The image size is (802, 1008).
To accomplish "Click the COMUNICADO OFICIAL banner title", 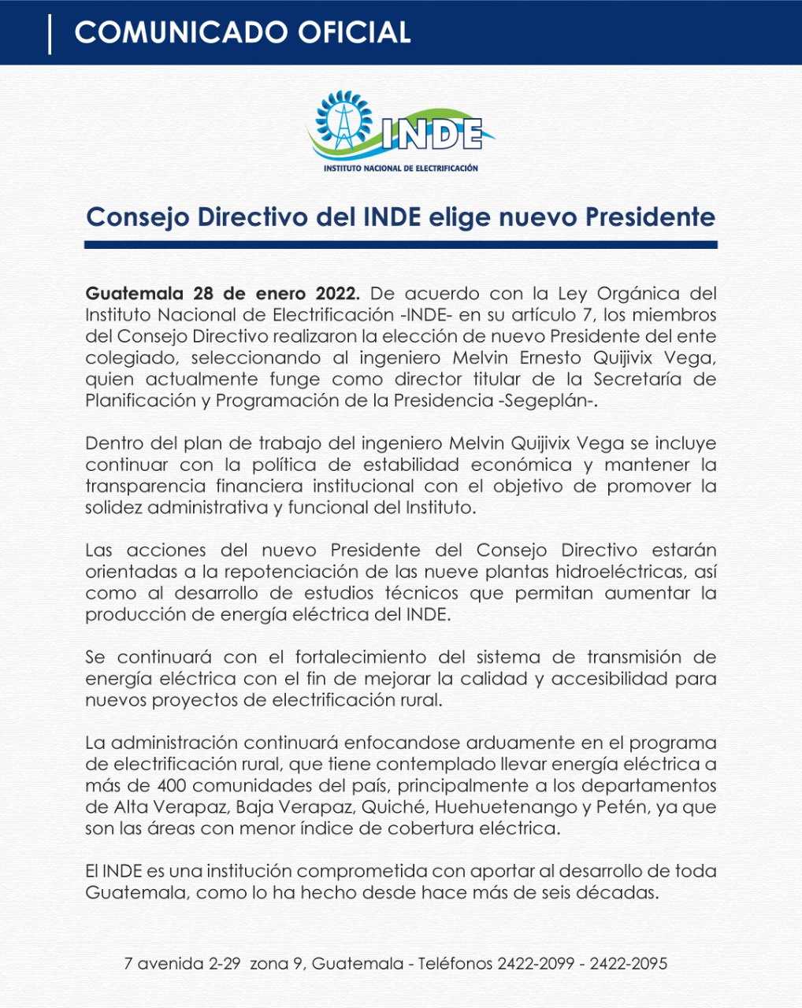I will pos(242,32).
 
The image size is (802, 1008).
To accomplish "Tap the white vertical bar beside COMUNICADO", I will pos(50,34).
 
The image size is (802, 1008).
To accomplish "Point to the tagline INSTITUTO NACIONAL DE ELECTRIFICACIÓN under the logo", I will pos(401,168).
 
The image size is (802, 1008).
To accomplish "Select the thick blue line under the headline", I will pos(401,245).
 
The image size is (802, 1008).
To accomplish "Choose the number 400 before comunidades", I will pos(173,785).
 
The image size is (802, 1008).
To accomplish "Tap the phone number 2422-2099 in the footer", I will pos(536,963).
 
